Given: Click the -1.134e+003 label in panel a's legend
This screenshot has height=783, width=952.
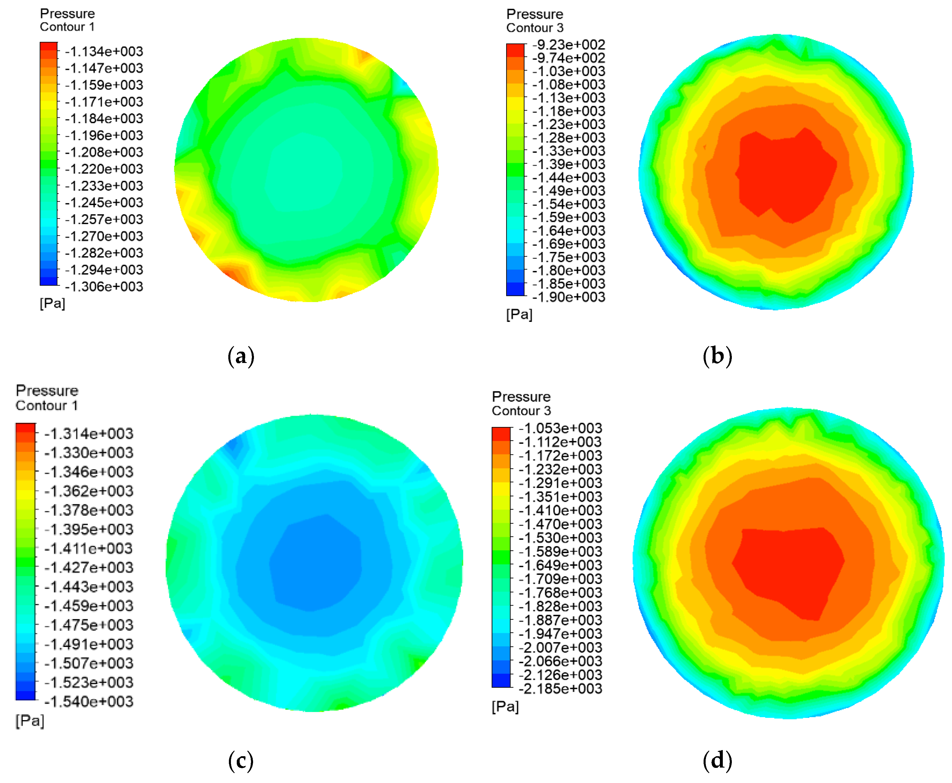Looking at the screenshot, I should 104,52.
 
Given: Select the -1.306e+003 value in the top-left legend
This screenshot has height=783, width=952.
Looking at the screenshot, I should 104,286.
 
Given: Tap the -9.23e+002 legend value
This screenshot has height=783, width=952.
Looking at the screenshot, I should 568,45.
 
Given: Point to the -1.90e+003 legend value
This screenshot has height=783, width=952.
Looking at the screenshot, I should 568,297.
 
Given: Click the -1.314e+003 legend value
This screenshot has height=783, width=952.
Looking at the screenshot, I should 89,433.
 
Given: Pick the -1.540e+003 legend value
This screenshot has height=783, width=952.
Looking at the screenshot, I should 89,701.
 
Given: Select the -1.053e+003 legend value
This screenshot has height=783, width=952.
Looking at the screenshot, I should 560,428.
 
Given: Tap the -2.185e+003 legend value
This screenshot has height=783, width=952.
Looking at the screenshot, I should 560,689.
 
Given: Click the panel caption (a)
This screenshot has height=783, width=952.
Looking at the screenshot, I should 241,356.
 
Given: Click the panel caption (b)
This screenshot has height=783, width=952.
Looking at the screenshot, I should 717,356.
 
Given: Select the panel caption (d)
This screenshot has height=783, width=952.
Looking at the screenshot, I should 717,761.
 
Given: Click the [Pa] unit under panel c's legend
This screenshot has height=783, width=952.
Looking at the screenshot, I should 30,721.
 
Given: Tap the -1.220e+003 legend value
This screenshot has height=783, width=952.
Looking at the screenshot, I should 104,169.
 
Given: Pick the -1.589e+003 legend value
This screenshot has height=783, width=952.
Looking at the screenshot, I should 560,552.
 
